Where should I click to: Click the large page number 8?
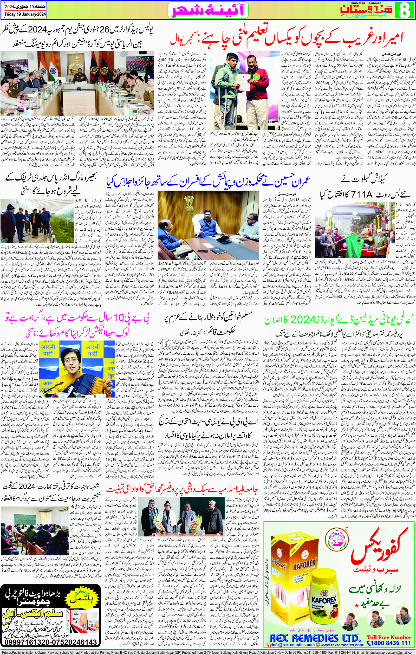405,10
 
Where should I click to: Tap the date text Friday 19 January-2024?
25,14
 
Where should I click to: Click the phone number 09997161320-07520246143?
51,642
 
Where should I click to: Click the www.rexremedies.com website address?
342,645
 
